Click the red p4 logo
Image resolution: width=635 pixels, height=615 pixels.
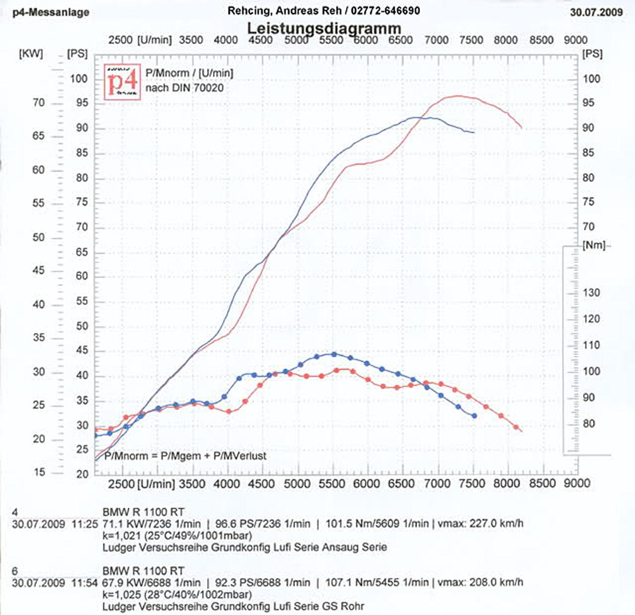click(x=122, y=80)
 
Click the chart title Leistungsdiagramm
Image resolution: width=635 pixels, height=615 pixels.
click(x=324, y=28)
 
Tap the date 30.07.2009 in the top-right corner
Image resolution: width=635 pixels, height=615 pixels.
click(x=596, y=12)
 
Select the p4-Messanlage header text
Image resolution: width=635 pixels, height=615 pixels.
click(x=51, y=12)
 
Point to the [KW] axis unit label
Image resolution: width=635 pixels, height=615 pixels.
click(x=31, y=54)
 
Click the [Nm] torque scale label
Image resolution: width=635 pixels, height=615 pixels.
click(x=593, y=245)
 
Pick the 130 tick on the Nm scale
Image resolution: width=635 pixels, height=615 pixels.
click(x=591, y=293)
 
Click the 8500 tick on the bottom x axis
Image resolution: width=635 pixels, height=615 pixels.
click(x=542, y=483)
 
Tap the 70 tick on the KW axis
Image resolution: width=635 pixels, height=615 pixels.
click(x=38, y=103)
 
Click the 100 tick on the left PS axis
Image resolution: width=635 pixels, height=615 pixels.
click(x=79, y=79)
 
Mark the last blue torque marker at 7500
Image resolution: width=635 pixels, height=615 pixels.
click(x=474, y=416)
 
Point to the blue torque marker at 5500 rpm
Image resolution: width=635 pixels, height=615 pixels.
click(x=333, y=354)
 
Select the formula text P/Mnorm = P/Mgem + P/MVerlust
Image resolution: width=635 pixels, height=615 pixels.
click(x=185, y=456)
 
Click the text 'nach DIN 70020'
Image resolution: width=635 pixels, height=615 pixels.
click(x=184, y=88)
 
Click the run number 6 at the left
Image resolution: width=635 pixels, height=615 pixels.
click(x=15, y=571)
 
